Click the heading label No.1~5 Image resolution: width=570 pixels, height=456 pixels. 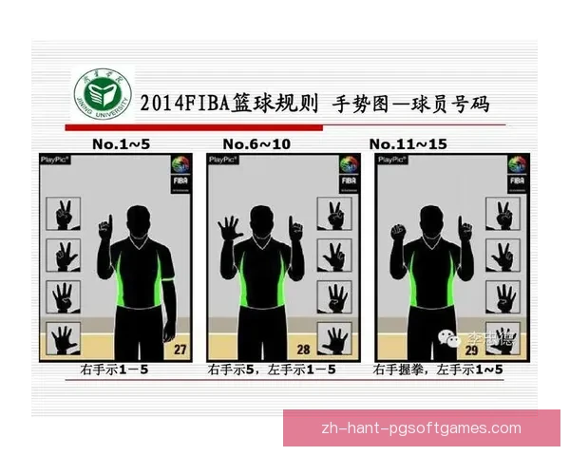click(122, 143)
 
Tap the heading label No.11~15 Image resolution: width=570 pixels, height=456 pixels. click(409, 143)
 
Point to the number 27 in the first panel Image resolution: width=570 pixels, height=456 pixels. click(180, 349)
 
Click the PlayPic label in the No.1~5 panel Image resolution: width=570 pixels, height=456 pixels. click(55, 160)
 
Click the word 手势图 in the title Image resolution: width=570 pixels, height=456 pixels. click(367, 103)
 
